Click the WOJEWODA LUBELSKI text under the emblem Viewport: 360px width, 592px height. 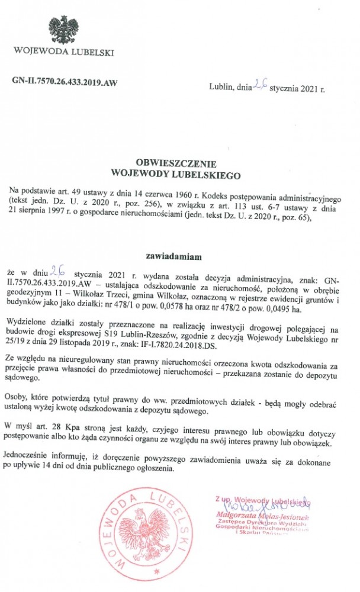[64, 52]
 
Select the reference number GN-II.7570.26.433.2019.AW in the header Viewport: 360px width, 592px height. [65, 82]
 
